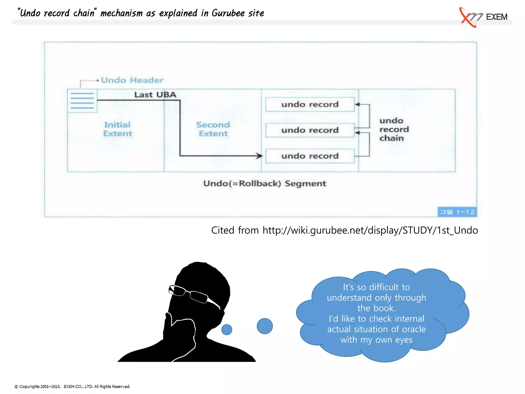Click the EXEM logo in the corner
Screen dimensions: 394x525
[x=483, y=17]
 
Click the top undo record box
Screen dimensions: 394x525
[x=310, y=104]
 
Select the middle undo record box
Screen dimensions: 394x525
[x=310, y=130]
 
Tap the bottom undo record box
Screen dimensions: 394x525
[x=310, y=156]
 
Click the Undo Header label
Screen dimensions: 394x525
[x=132, y=80]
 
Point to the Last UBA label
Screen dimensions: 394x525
[x=155, y=95]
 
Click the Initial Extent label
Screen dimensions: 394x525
[x=118, y=129]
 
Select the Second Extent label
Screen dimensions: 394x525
[x=213, y=129]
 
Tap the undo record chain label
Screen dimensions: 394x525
[x=394, y=129]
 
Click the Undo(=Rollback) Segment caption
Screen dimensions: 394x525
[x=265, y=183]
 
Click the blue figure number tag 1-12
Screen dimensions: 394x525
[x=457, y=212]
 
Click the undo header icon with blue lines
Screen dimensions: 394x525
[x=82, y=101]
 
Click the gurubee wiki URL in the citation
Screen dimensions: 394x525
[x=370, y=230]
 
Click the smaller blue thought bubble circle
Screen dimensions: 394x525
[x=227, y=329]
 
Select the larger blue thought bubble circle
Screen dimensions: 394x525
[x=265, y=326]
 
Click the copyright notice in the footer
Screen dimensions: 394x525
[x=72, y=387]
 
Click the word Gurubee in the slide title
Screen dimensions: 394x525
[x=228, y=13]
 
